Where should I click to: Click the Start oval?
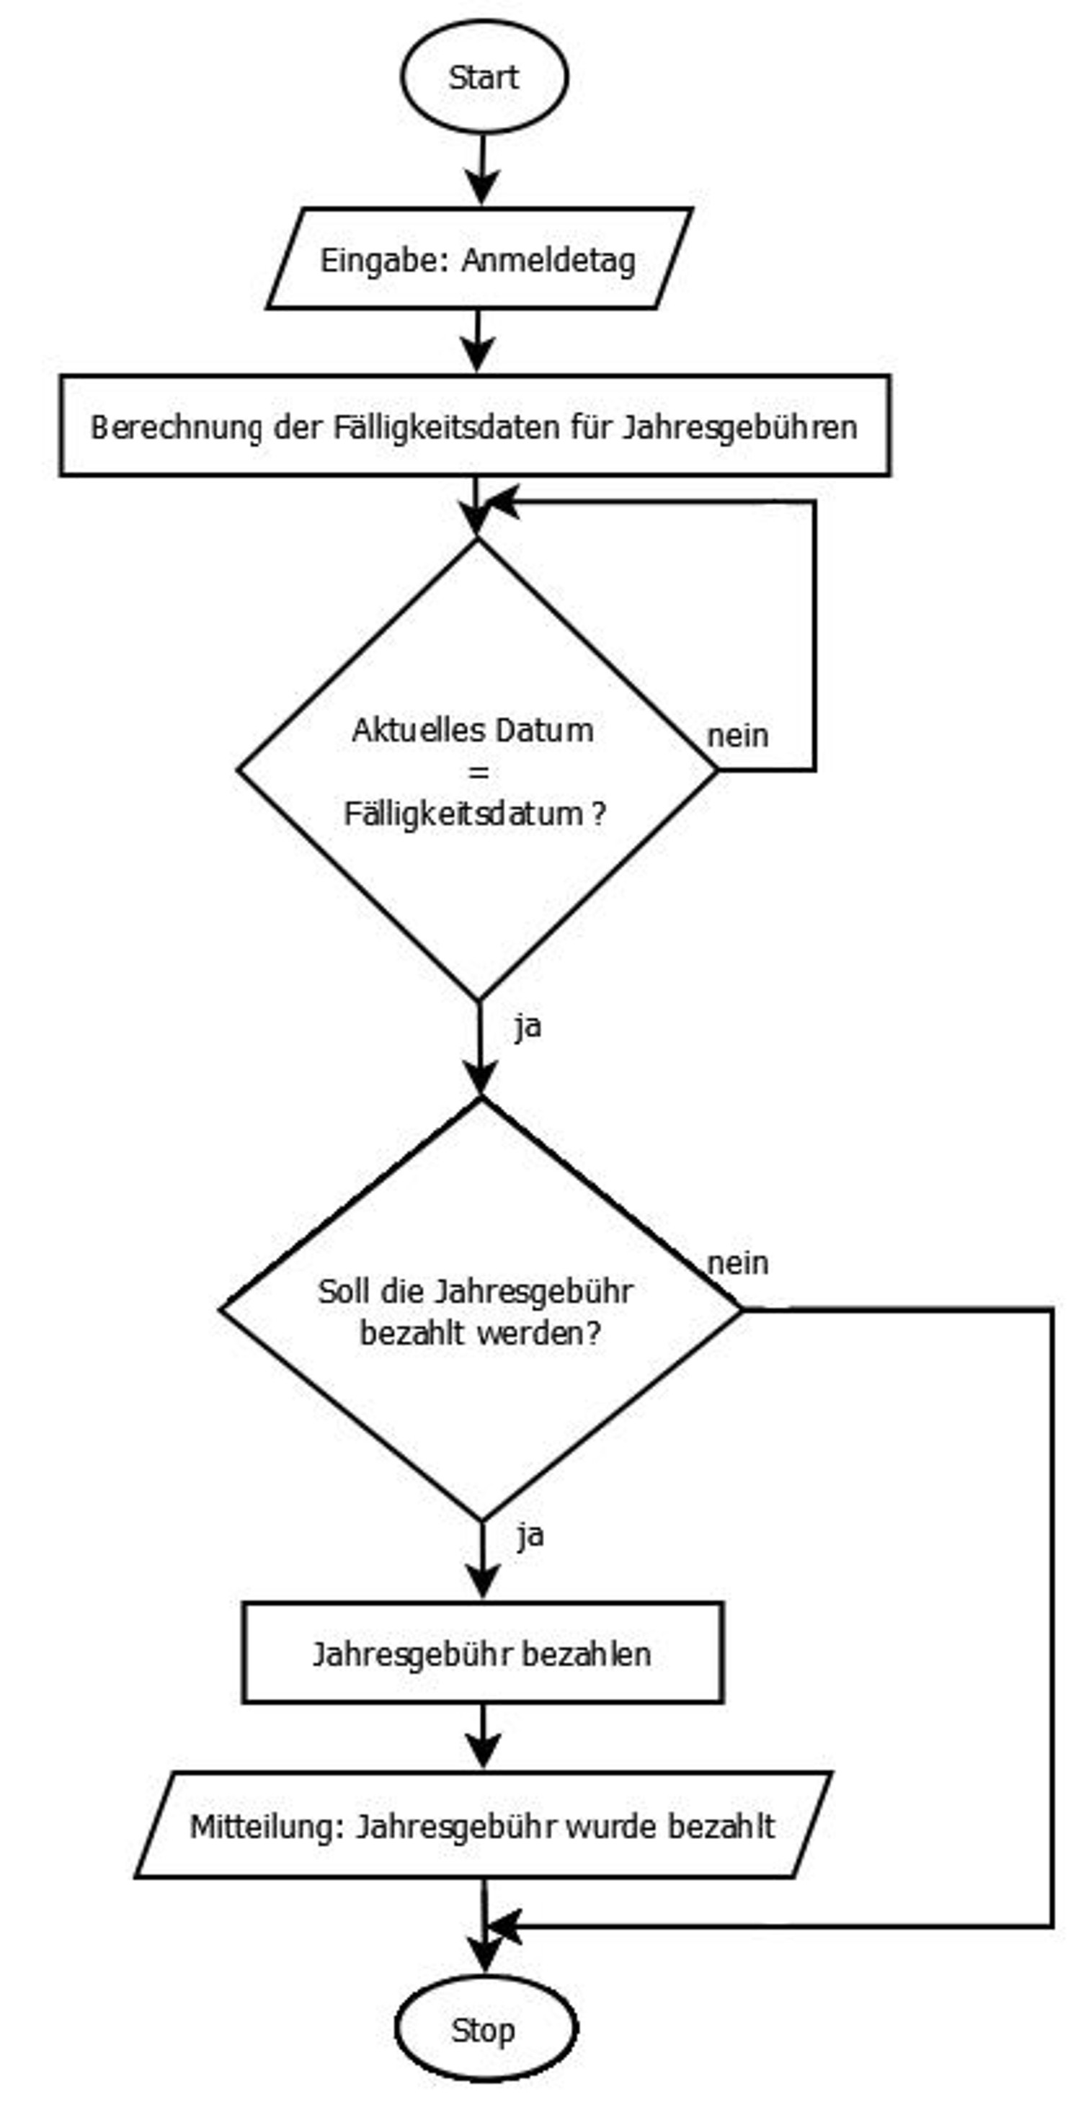click(484, 77)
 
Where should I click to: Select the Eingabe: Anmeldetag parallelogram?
click(479, 259)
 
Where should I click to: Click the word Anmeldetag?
click(548, 260)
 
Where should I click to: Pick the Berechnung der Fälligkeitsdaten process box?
click(475, 425)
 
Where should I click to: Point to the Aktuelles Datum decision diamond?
click(478, 769)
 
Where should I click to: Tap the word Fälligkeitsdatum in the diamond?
click(463, 813)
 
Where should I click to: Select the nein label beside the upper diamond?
click(737, 735)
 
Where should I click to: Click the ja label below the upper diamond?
click(528, 1025)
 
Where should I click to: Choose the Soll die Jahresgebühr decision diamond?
click(481, 1309)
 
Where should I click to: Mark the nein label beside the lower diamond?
click(737, 1263)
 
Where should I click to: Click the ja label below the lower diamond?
click(530, 1536)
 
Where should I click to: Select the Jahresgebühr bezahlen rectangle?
click(482, 1653)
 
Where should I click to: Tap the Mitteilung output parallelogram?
click(483, 1826)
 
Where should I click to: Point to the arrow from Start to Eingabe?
click(482, 169)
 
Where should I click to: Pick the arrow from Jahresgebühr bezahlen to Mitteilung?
click(483, 1737)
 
